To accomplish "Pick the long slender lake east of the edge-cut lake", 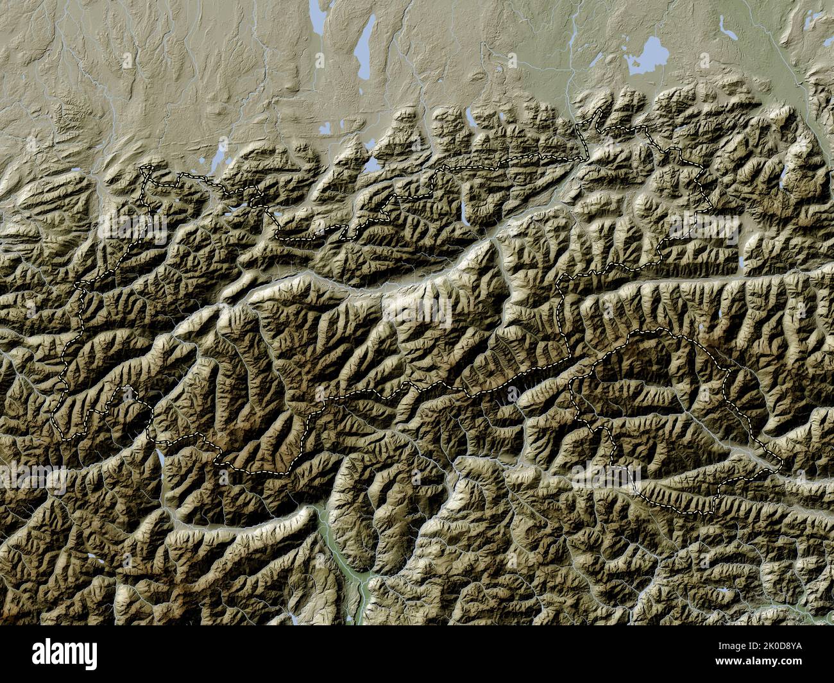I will [x=362, y=51].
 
